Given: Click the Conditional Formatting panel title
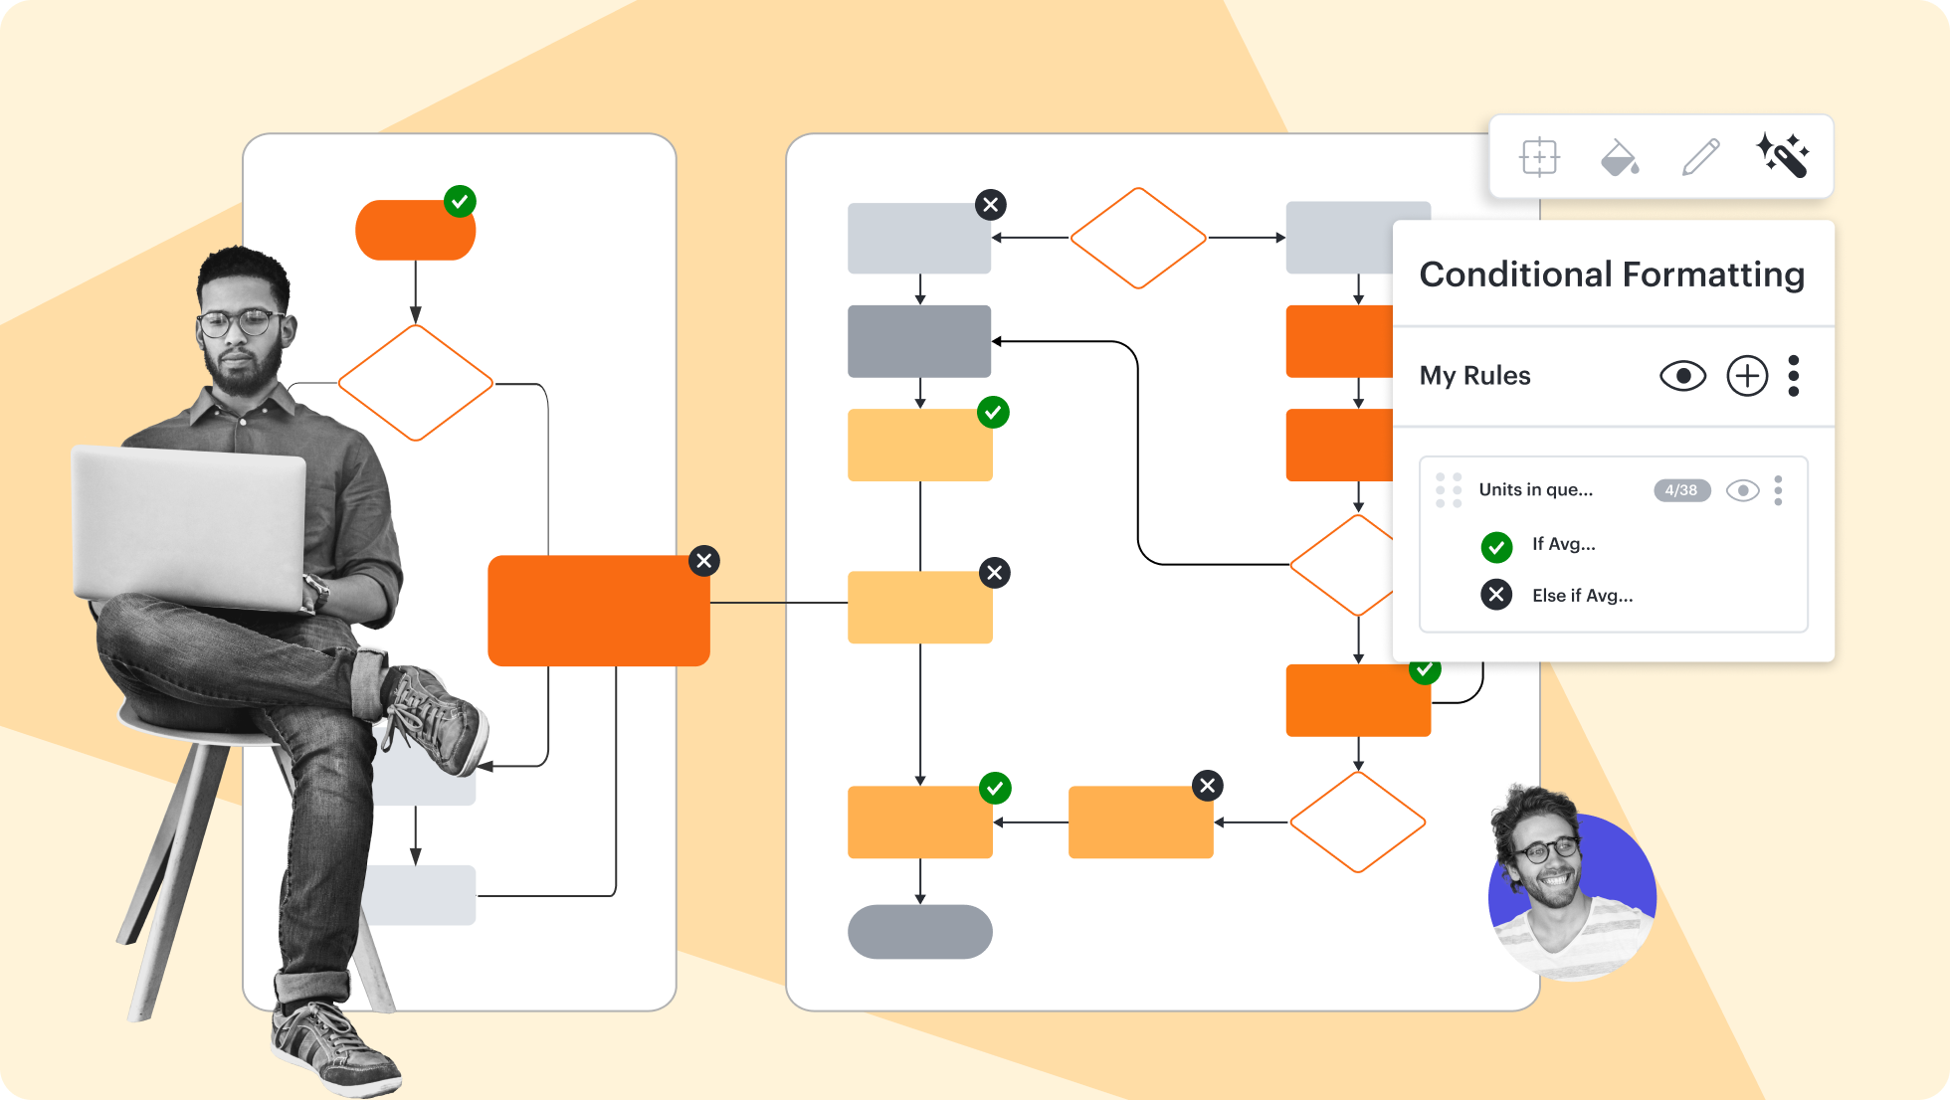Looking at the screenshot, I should tap(1611, 275).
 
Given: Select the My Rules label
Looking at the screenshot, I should tap(1474, 376).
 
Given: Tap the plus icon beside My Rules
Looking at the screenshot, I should tap(1747, 376).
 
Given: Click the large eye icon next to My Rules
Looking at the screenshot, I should tap(1682, 376).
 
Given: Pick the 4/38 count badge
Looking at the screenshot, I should tap(1681, 490).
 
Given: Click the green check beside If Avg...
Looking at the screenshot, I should tap(1496, 546).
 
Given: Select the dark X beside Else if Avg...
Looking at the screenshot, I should tap(1496, 595).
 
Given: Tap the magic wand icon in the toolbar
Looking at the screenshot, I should tap(1782, 156).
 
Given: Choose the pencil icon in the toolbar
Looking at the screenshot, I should tap(1700, 157).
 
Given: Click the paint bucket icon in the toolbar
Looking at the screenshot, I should tap(1619, 157).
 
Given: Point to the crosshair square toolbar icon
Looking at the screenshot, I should tap(1539, 157).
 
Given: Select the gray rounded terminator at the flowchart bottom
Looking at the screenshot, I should tap(919, 932).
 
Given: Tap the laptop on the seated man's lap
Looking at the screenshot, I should tap(189, 527).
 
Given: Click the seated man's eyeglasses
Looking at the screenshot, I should tap(240, 322).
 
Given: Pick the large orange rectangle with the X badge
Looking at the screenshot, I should tap(598, 611).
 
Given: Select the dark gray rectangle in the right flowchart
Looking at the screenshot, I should tap(918, 341).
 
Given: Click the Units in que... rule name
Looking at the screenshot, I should tap(1535, 490).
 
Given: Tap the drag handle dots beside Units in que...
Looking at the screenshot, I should tap(1449, 490).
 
